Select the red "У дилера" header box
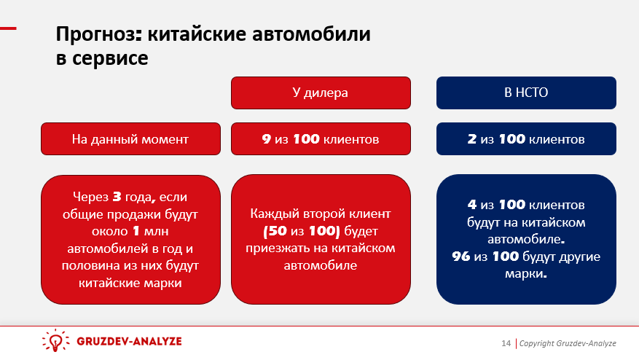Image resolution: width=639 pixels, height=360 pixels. tap(321, 93)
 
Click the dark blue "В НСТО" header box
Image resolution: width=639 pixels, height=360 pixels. tap(526, 93)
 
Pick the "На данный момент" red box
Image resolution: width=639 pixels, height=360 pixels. tap(130, 138)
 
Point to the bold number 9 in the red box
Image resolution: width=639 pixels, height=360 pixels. tap(267, 138)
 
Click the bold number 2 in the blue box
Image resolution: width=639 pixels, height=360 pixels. tap(472, 138)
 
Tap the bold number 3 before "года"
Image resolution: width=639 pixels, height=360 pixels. tap(117, 197)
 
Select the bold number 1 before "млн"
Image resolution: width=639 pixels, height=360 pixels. tap(136, 232)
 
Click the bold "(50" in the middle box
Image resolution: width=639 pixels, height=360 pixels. tap(275, 232)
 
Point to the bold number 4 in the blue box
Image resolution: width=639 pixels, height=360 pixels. tap(472, 205)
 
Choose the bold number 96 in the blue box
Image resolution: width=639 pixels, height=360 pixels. tap(461, 257)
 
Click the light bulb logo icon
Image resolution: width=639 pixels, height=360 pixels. tap(55, 342)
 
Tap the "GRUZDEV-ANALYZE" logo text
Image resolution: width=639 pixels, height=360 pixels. tap(128, 342)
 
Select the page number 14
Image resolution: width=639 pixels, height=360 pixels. tap(506, 343)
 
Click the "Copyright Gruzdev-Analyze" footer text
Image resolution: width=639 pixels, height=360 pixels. tap(568, 343)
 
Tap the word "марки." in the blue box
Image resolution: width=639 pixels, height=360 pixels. tap(525, 275)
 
